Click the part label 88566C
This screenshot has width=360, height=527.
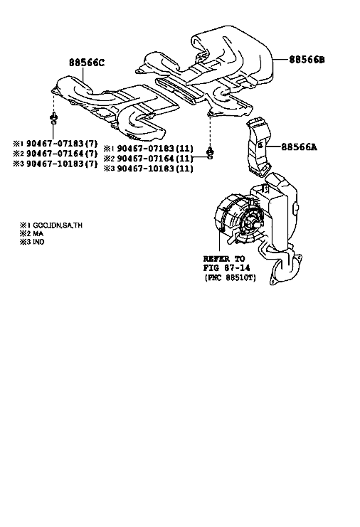(x=87, y=63)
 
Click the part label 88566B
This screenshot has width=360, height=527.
(x=307, y=60)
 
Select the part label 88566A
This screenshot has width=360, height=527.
(x=299, y=147)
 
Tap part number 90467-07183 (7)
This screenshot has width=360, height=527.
(x=62, y=144)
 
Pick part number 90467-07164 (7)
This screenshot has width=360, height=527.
(x=62, y=154)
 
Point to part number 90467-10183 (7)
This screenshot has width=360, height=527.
(x=62, y=164)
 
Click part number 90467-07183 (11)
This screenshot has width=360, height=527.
(x=155, y=148)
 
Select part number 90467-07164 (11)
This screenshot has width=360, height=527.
(x=155, y=159)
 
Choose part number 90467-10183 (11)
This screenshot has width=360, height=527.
(x=155, y=169)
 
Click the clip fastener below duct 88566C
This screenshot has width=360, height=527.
(x=53, y=118)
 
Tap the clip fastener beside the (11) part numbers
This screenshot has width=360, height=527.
(x=211, y=152)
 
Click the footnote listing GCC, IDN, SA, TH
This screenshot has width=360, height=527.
(x=51, y=225)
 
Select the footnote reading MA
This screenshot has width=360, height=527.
(x=32, y=233)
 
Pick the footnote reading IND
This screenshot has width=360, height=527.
(x=32, y=242)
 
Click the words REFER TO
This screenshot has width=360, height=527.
(x=224, y=259)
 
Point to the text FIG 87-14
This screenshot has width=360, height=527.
(x=226, y=268)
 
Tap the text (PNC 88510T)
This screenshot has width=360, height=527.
(x=231, y=278)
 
